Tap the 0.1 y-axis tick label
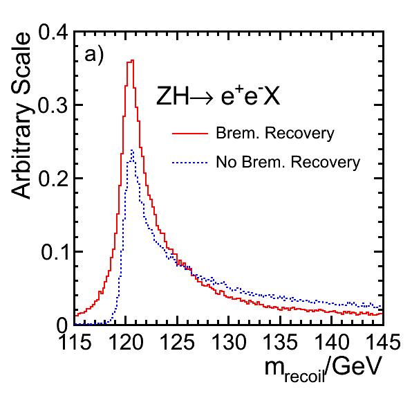pos(55,252)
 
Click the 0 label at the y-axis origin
pos(63,326)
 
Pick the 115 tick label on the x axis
pos(75,342)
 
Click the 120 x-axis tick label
pos(126,342)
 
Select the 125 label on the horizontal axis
pos(178,342)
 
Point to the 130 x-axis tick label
pos(229,342)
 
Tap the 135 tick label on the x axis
pos(281,342)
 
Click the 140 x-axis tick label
pos(332,342)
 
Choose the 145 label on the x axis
pos(384,342)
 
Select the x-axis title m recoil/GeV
pos(323,368)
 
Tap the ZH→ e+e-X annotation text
pos(218,96)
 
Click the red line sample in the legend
pos(190,134)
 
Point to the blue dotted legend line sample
pos(190,163)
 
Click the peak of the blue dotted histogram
pos(132,150)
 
